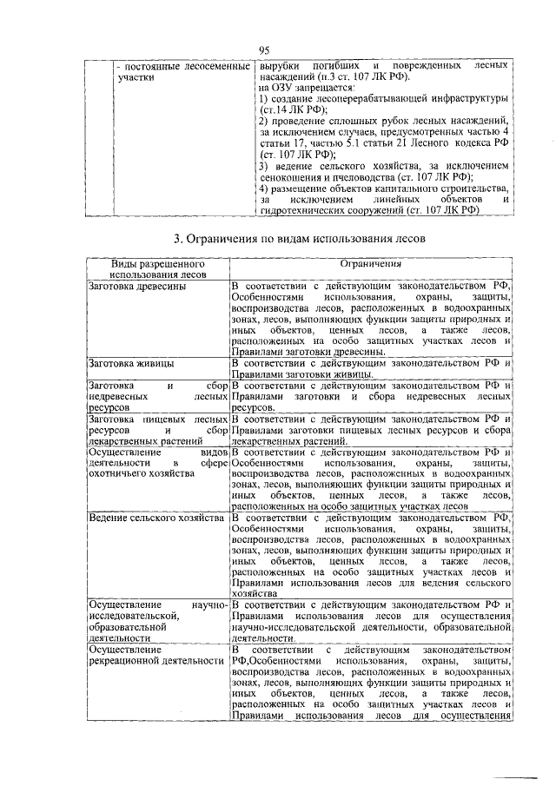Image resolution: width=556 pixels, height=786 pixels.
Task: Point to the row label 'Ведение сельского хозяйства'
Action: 152,518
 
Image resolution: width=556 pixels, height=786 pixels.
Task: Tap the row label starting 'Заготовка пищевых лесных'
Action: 157,429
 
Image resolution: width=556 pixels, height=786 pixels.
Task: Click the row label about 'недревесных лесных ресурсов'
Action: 157,395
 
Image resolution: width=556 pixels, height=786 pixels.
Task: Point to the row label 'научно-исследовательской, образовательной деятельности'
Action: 157,620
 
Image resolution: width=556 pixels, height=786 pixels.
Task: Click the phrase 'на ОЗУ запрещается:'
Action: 307,88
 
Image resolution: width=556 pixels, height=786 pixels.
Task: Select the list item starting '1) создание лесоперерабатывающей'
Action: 382,104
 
